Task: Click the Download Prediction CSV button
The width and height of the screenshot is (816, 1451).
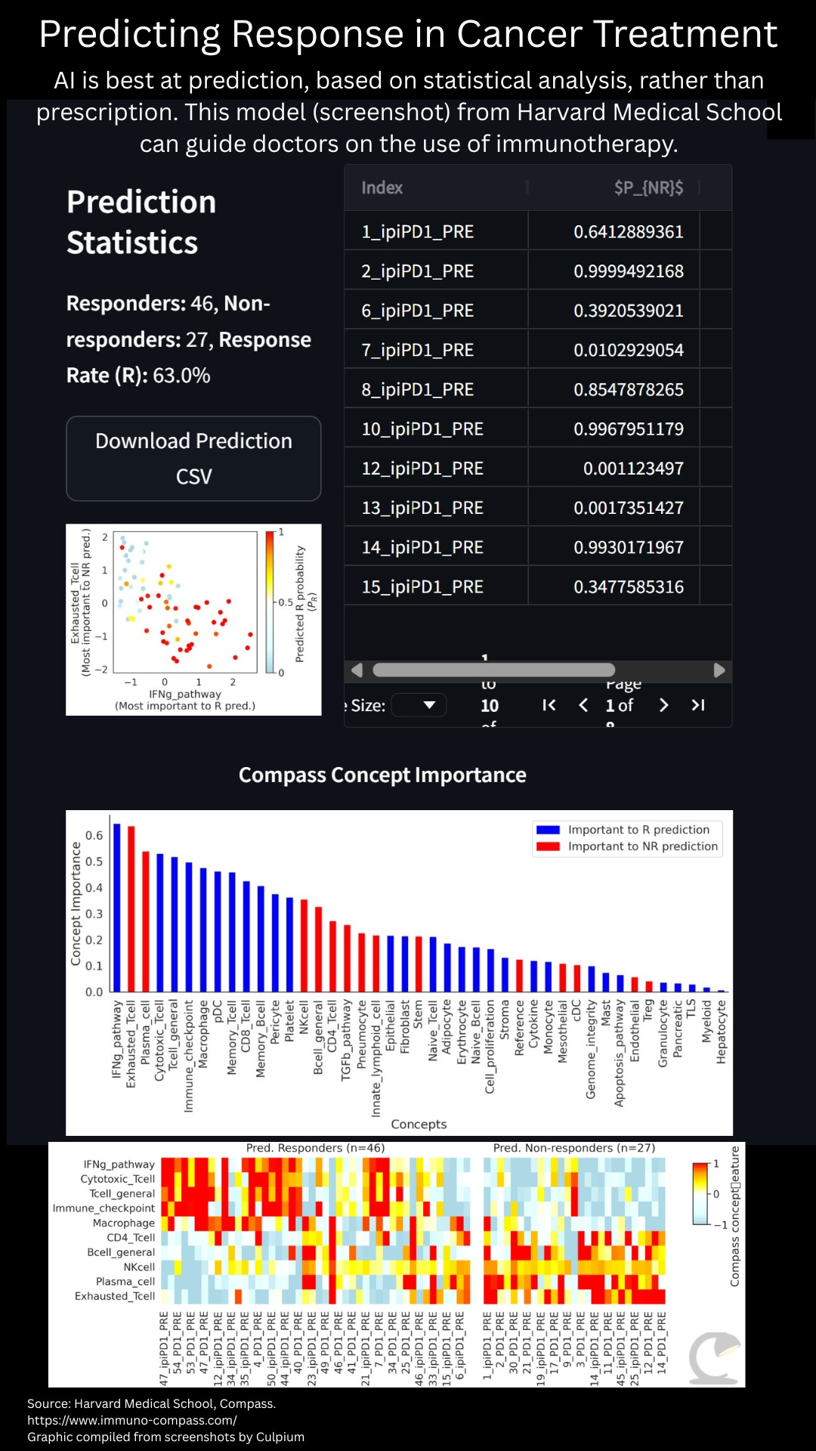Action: (x=193, y=458)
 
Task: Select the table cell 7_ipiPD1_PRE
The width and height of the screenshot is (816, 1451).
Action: (x=417, y=350)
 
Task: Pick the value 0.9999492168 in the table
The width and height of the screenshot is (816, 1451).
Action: (x=628, y=271)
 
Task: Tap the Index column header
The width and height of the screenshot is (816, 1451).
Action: (x=382, y=187)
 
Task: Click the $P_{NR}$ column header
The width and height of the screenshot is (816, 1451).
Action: (x=648, y=187)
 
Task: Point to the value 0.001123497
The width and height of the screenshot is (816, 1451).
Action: (x=632, y=469)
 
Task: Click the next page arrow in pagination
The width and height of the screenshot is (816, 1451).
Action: (x=663, y=705)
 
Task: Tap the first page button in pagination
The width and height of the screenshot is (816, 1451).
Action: (x=549, y=705)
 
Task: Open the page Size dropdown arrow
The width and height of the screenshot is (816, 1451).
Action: (x=429, y=705)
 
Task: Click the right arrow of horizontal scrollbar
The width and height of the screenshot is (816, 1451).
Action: (x=719, y=670)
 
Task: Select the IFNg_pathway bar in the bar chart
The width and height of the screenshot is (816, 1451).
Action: (x=117, y=907)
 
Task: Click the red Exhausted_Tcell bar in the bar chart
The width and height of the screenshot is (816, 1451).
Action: (x=131, y=908)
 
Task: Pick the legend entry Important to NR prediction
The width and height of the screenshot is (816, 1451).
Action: (x=642, y=846)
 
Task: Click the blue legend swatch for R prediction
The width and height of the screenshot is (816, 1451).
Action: (x=548, y=830)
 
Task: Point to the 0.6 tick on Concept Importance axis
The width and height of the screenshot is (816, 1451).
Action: (x=94, y=835)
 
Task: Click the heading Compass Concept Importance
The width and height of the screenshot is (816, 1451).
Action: (x=382, y=775)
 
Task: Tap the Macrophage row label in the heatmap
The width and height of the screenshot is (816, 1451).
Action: (x=123, y=1223)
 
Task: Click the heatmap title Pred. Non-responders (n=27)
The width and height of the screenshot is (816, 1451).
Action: (x=574, y=1148)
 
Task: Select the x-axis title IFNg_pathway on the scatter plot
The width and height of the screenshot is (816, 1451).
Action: (x=185, y=694)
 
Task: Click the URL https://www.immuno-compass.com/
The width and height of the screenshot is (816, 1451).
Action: (x=132, y=1420)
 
